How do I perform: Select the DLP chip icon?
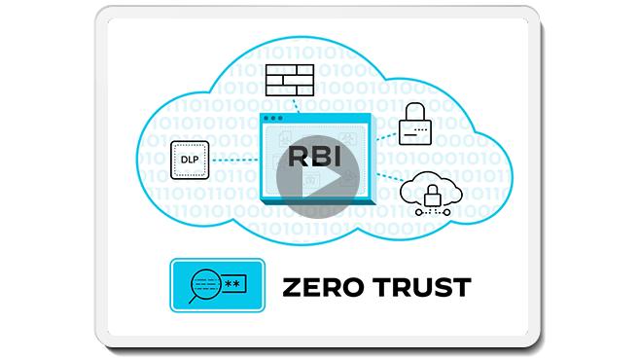[x=190, y=160]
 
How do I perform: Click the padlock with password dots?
[x=415, y=126]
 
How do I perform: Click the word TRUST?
[x=421, y=287]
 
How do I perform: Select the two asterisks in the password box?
[x=233, y=285]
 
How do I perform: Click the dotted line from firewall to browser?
[x=290, y=104]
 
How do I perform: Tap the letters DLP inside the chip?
[x=190, y=160]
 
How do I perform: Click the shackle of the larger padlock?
[x=415, y=110]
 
